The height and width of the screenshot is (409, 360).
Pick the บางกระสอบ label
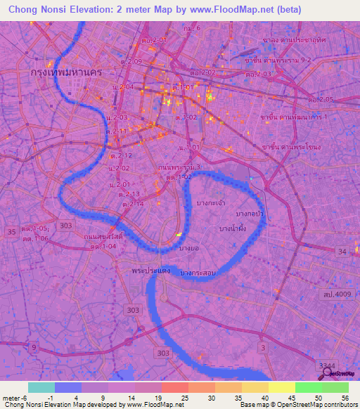point(198,272)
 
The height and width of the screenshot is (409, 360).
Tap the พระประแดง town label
point(149,270)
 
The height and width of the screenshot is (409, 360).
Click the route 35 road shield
point(11,231)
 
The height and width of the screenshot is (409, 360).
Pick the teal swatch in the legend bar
point(41,387)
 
